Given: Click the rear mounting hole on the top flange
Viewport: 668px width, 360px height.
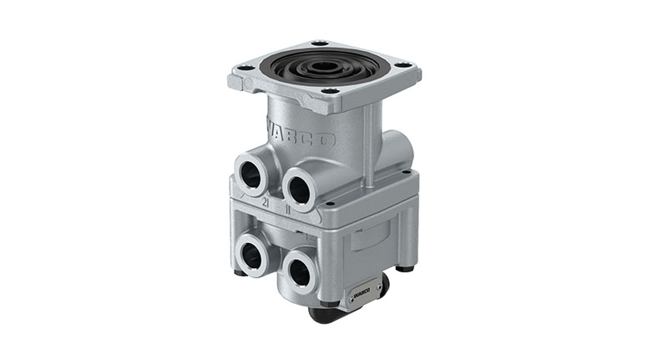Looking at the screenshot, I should point(318,43).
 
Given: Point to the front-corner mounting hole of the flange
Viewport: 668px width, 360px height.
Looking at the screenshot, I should point(331,92).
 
